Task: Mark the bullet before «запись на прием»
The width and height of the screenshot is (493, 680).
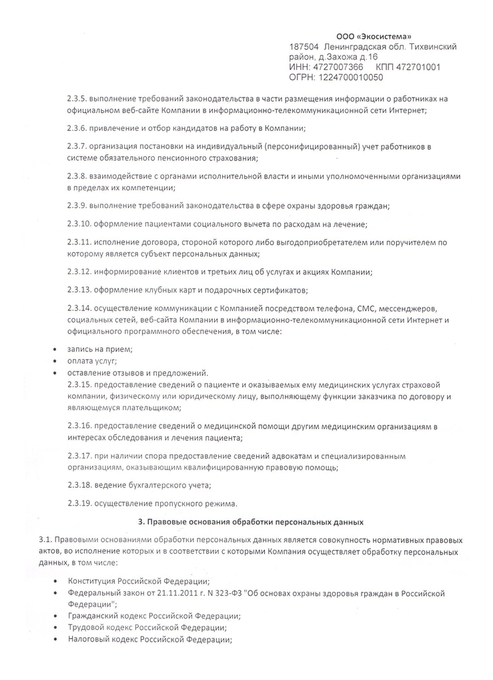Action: (54, 349)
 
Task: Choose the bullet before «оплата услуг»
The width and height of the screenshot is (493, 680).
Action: (54, 361)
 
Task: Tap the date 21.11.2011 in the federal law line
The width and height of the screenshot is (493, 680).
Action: (165, 593)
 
